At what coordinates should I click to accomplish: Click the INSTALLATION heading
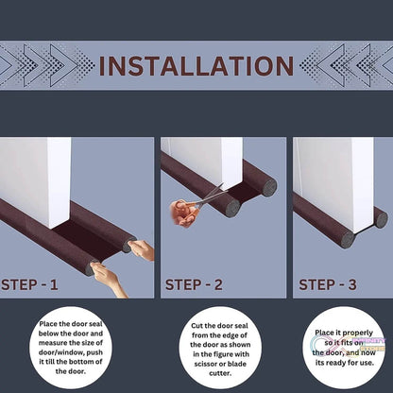[x=196, y=66]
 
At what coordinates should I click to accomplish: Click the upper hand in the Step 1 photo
[x=142, y=249]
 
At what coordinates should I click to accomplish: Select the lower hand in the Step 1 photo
[x=108, y=281]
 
